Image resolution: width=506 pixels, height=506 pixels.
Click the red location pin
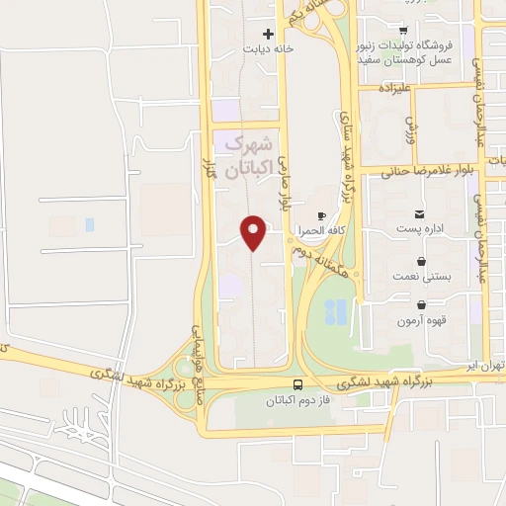(x=255, y=232)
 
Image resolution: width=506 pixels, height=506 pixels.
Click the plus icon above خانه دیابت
(x=267, y=34)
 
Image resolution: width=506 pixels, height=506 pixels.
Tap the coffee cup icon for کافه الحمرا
(x=321, y=215)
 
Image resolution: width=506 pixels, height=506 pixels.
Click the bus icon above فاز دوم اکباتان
(x=297, y=384)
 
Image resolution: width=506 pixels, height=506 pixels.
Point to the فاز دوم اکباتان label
(x=297, y=401)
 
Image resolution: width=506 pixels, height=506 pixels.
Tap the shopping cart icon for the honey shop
(x=403, y=30)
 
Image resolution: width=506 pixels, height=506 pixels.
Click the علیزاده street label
(x=395, y=87)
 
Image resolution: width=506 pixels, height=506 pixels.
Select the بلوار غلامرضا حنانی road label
(x=429, y=170)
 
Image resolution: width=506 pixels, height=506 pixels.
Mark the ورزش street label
(x=412, y=126)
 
